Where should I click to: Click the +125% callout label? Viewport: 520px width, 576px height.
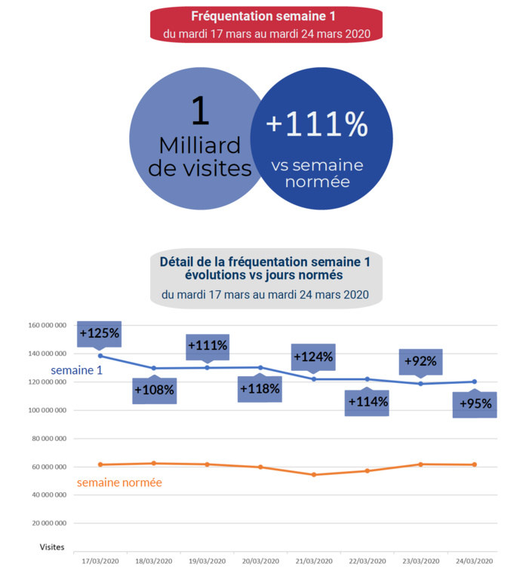[100, 333]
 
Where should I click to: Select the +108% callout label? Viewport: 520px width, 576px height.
[154, 391]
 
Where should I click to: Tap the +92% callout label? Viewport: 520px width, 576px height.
[420, 362]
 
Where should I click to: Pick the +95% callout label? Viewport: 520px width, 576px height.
[475, 404]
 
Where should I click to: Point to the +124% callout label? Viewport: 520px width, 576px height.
[314, 357]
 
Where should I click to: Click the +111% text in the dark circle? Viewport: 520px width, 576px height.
[317, 124]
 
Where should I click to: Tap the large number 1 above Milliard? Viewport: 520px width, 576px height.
[199, 111]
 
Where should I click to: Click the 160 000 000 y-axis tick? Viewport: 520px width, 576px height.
[45, 326]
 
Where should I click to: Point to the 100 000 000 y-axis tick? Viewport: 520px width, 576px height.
[45, 411]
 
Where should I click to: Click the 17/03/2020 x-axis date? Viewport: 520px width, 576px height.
[100, 562]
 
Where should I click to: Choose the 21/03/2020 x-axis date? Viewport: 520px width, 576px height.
[314, 562]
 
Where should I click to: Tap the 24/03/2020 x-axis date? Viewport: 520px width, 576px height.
[475, 562]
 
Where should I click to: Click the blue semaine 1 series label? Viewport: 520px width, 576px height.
[76, 371]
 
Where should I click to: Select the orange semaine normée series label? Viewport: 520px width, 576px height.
[120, 482]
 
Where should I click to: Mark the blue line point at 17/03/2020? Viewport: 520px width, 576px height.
[100, 356]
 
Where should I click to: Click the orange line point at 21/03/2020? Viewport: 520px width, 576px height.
[314, 474]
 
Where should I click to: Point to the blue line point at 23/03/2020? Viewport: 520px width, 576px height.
[421, 384]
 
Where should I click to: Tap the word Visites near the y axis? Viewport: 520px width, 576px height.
[52, 547]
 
